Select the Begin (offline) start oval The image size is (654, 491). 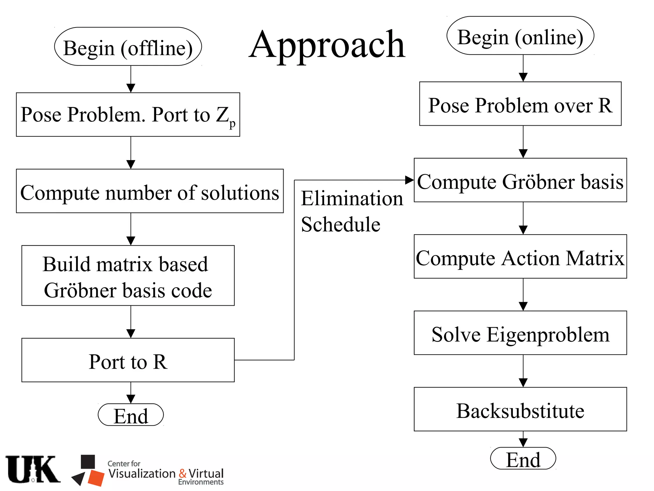coord(128,47)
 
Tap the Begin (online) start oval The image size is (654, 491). coord(520,36)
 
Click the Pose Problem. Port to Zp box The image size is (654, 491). coord(128,115)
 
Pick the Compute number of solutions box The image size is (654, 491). coord(150,191)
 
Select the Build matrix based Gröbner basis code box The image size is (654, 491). coord(128,276)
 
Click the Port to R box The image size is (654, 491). coord(128,360)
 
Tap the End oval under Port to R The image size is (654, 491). coord(131,415)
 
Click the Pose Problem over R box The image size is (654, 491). coord(520,104)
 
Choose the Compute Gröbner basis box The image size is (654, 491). coord(520,180)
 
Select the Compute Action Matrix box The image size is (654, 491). coord(520,257)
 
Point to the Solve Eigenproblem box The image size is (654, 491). coord(520,333)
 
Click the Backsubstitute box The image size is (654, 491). coord(520,409)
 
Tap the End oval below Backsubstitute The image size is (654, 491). coord(523,458)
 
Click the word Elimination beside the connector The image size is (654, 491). coord(352,199)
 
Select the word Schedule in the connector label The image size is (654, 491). coord(341,224)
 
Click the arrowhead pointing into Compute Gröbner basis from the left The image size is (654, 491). coord(409,180)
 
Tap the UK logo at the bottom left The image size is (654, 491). coord(33,469)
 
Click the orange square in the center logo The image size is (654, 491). coord(96,478)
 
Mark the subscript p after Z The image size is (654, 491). coord(232,124)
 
